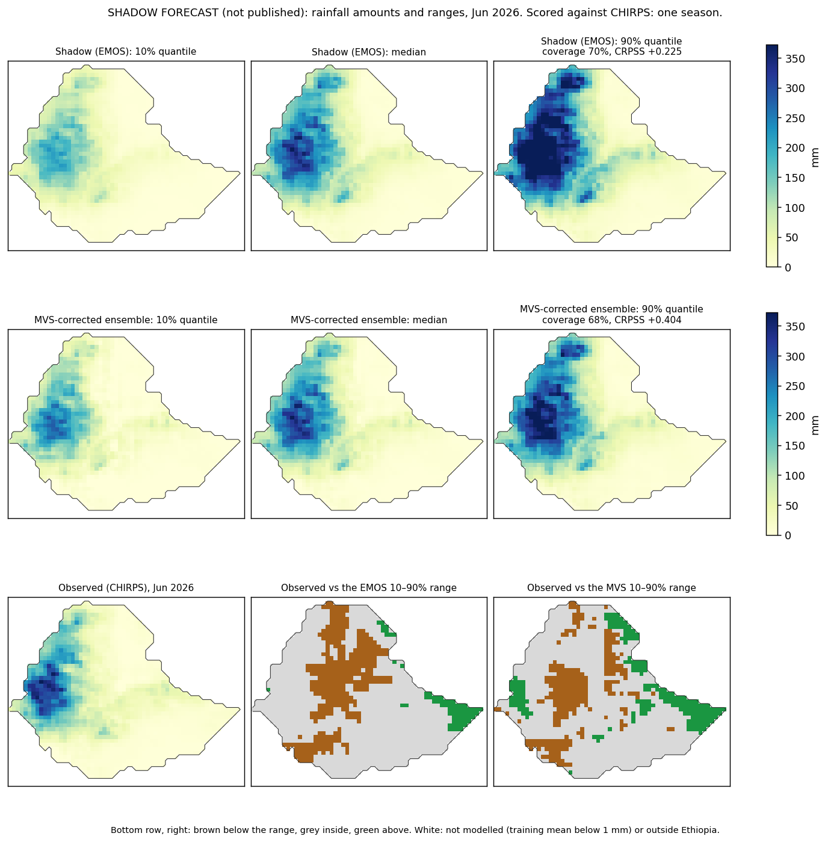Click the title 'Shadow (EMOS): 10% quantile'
point(126,52)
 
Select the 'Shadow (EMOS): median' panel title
point(369,52)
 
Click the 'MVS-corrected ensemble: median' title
point(369,320)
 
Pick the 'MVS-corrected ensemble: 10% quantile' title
point(126,320)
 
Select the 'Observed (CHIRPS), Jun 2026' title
point(126,587)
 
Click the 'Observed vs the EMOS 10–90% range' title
point(369,587)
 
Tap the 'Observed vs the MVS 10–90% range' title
point(611,587)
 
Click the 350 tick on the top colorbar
point(795,58)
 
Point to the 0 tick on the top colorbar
point(788,267)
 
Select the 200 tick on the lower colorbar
point(795,416)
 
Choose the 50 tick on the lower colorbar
point(792,506)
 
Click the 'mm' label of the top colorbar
point(815,158)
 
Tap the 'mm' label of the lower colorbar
point(815,426)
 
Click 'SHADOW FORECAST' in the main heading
point(163,13)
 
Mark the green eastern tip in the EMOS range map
point(482,709)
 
